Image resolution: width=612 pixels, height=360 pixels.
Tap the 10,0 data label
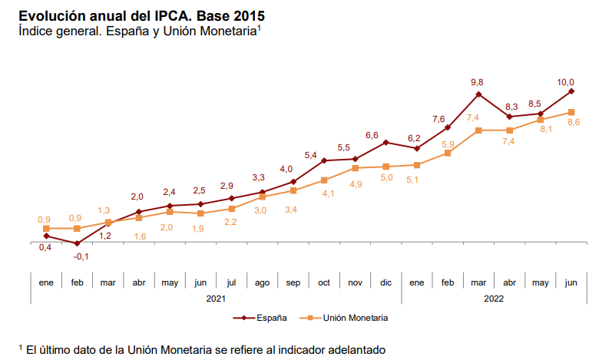(x=566, y=82)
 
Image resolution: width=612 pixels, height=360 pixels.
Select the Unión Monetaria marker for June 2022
(x=571, y=112)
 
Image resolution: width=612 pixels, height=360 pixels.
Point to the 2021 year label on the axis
(x=216, y=298)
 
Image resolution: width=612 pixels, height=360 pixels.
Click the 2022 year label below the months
(x=495, y=298)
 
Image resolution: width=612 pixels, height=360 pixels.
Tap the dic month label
(x=386, y=282)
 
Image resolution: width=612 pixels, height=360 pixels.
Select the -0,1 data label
(x=81, y=256)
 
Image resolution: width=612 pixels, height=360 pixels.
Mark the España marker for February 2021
(x=77, y=243)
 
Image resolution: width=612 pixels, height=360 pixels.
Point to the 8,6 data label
(x=573, y=123)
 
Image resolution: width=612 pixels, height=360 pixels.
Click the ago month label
(x=263, y=282)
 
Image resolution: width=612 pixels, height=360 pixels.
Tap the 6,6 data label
(x=372, y=135)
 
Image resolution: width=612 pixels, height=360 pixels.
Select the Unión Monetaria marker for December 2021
(x=386, y=167)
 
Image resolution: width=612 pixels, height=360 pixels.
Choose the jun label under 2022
(x=571, y=282)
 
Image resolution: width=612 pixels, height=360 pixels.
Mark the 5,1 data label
(x=412, y=180)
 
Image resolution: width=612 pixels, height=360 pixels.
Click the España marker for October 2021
(x=324, y=160)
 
